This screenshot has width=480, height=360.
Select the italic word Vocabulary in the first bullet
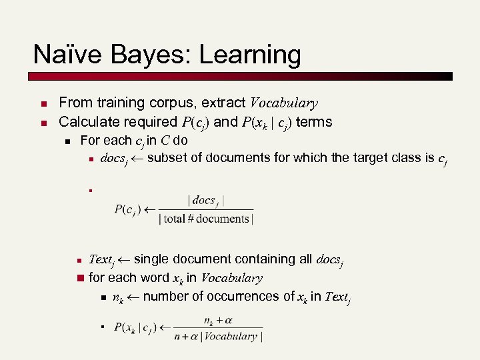283,103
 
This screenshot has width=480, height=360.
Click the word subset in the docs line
166,158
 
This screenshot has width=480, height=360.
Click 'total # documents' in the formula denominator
207,219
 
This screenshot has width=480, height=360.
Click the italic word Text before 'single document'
101,259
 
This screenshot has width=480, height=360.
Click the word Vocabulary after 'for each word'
231,278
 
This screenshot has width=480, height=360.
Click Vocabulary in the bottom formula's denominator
231,336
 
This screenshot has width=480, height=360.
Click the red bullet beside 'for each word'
81,278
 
